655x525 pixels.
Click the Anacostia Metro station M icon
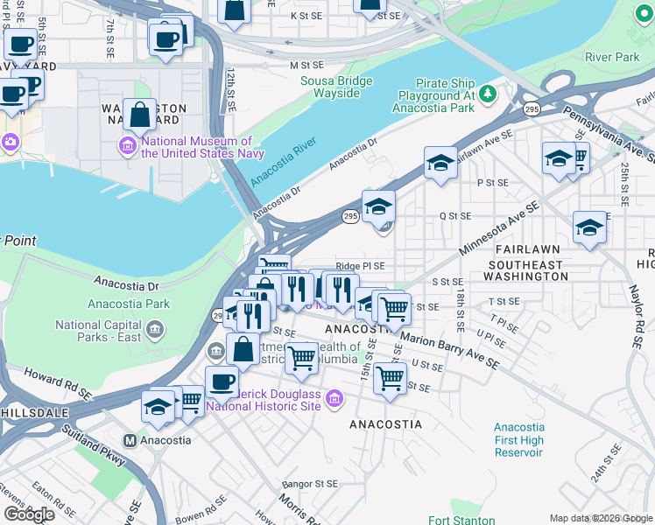pos(130,440)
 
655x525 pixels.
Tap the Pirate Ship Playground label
pos(437,95)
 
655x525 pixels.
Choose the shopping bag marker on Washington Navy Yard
pos(140,114)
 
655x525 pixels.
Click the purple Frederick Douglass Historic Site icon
pos(333,401)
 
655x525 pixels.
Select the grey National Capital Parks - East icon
pos(155,330)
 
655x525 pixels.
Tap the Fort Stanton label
pos(451,520)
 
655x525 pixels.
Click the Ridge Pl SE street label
pos(360,266)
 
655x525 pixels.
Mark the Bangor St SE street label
pos(310,484)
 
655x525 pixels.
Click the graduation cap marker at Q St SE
pos(378,206)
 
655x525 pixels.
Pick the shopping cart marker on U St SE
pos(390,378)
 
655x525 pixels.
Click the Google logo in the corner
pos(29,514)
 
